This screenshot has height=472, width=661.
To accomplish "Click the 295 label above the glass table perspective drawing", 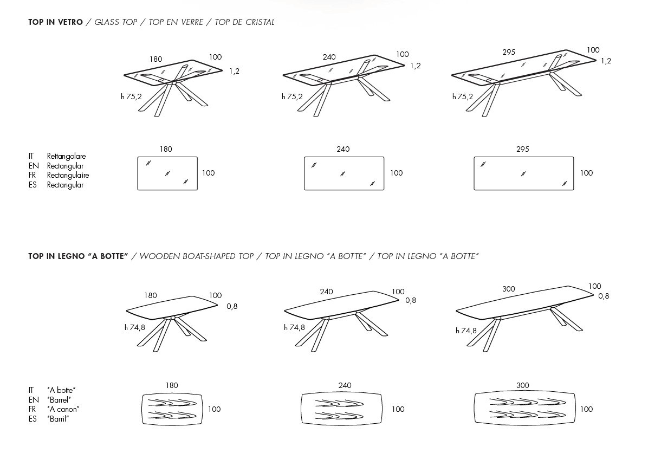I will pos(508,53).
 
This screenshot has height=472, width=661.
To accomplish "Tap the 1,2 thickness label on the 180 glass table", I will pos(234,71).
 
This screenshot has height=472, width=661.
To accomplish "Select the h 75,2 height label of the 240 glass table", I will pos(292,97).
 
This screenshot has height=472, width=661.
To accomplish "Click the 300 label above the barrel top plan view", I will pos(522,385).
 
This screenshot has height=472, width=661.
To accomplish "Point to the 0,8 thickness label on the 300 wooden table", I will pos(604,296).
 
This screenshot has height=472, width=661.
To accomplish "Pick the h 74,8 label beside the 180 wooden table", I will pos(135,327).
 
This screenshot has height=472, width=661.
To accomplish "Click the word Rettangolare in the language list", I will pos(66,156).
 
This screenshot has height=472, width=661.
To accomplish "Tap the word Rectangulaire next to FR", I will pos(68,175).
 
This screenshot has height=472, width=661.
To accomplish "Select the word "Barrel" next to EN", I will pos(59,400).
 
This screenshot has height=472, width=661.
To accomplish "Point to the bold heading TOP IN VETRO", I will pos(55,22).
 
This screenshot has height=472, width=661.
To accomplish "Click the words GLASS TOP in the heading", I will pos(115,22).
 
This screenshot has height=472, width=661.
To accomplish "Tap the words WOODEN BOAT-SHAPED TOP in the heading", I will pos(196,256).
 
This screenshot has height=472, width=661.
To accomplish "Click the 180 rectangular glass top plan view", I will pos(167,173).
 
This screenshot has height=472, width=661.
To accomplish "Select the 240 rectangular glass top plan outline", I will pos(344,173).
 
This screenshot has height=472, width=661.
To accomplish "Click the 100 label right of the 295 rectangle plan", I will pos(586,173).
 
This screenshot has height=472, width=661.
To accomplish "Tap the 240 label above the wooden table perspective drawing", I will pos(326,292).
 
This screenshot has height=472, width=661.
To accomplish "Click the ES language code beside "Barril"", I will pos(33,419).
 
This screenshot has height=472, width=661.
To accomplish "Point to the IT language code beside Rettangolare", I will pos(31,156).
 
